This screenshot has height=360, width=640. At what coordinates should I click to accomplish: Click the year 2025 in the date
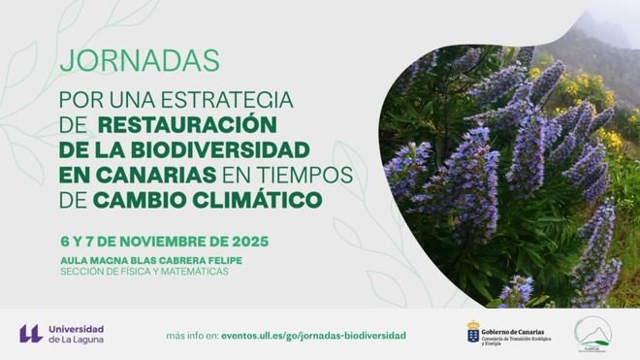[x=248, y=240]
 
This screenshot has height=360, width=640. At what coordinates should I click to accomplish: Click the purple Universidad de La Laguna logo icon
[x=30, y=334]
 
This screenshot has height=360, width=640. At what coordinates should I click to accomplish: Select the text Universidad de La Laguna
[x=76, y=334]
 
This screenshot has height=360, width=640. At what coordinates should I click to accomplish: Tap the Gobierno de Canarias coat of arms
[x=473, y=333]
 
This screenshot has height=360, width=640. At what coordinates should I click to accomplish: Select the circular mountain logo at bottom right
[x=592, y=334]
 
